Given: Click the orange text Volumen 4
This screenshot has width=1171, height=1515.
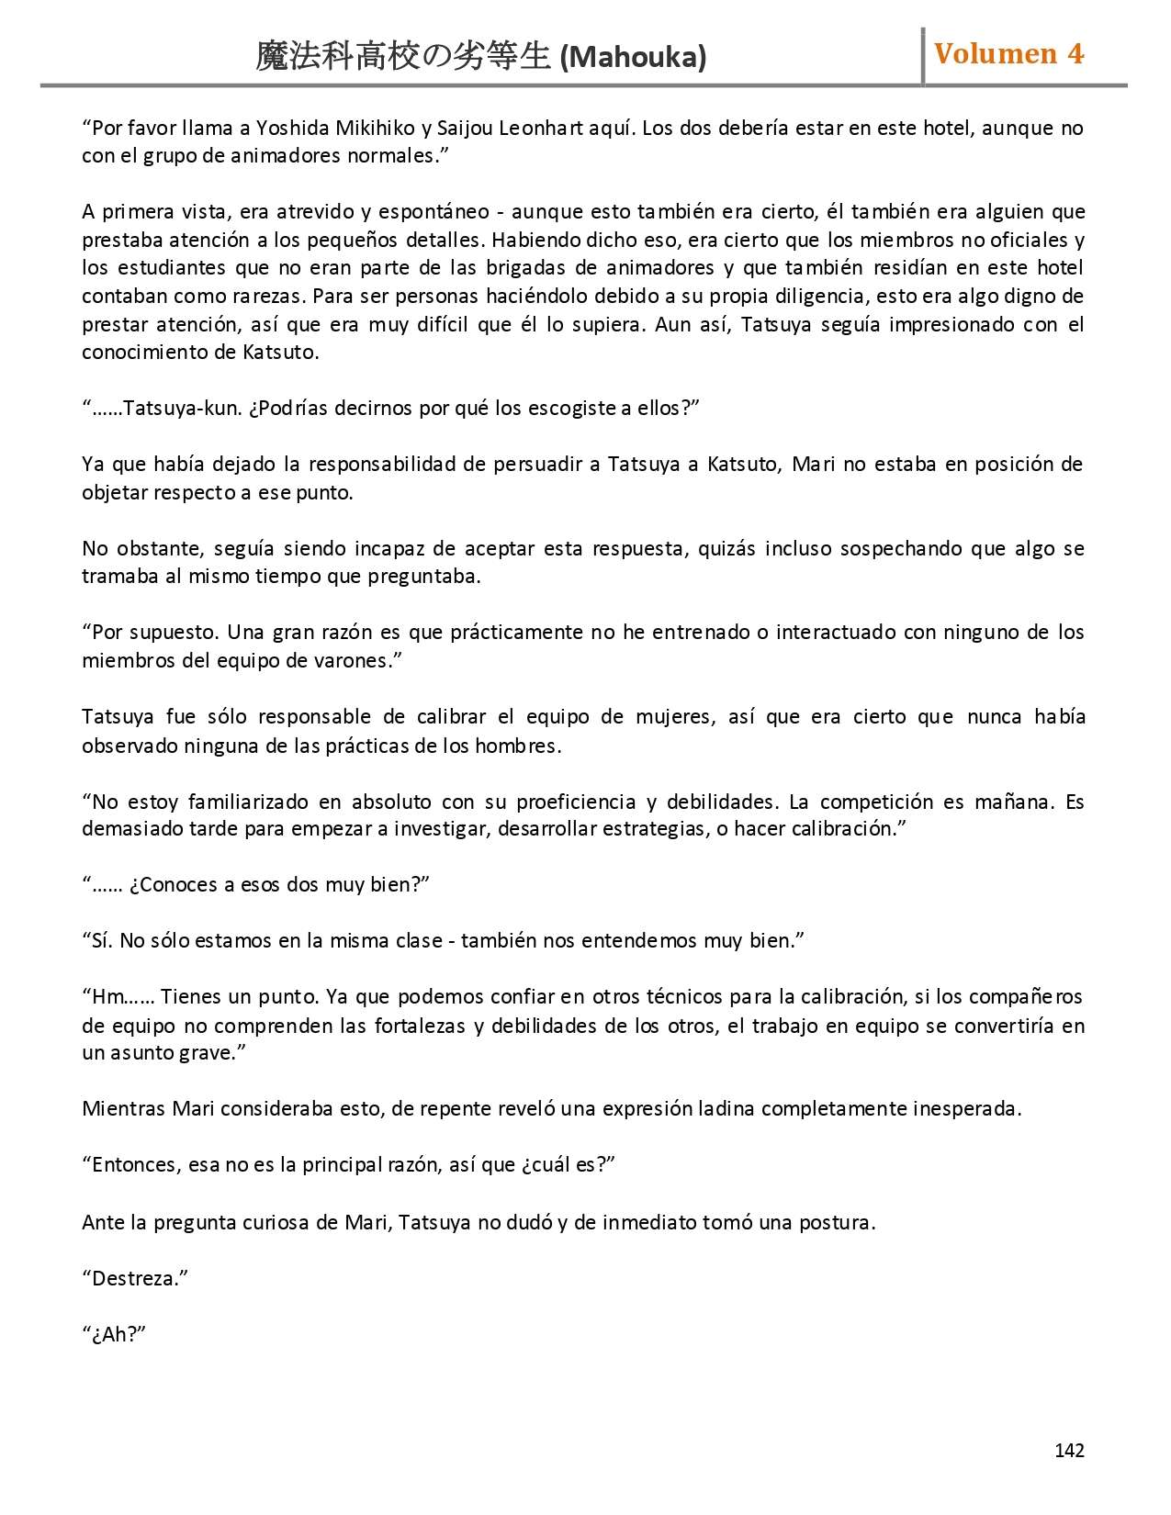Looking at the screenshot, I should [x=1008, y=54].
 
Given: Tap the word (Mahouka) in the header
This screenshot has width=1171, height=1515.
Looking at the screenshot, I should [x=633, y=58].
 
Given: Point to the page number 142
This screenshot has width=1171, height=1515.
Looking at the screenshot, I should [x=1069, y=1450].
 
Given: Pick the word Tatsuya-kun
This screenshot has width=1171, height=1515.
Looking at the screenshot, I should [x=182, y=408].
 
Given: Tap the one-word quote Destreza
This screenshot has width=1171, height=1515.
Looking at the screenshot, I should [x=135, y=1278].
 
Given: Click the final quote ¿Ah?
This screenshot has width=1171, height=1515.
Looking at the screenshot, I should [x=115, y=1334].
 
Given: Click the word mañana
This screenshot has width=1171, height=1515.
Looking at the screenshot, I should [x=1014, y=802].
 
